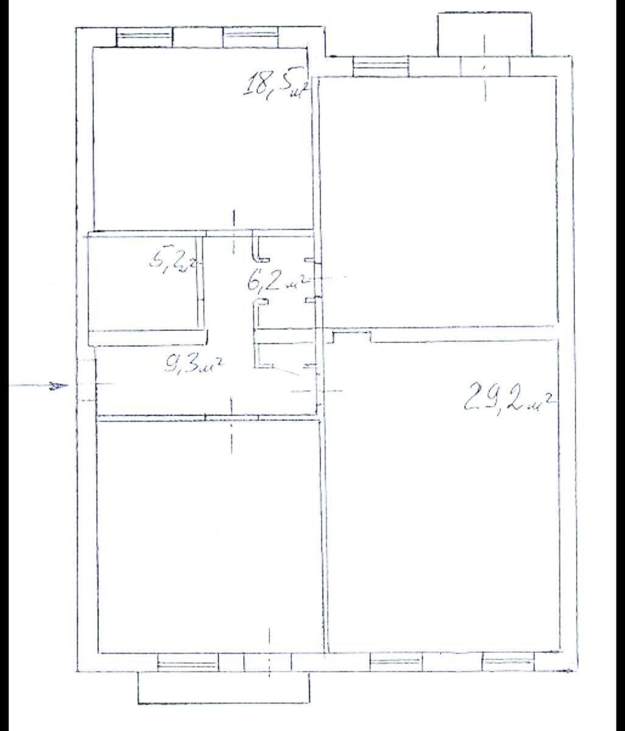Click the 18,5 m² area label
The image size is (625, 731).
(x=273, y=84)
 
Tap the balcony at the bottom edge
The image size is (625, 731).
(x=224, y=688)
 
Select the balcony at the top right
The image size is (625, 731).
(x=484, y=34)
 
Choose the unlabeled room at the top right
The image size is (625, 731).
(x=439, y=201)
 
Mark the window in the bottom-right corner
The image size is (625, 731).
(x=508, y=662)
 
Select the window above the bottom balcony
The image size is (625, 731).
(x=188, y=663)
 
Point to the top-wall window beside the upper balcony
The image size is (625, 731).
(x=381, y=65)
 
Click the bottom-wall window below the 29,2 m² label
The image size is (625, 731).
(x=397, y=662)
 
